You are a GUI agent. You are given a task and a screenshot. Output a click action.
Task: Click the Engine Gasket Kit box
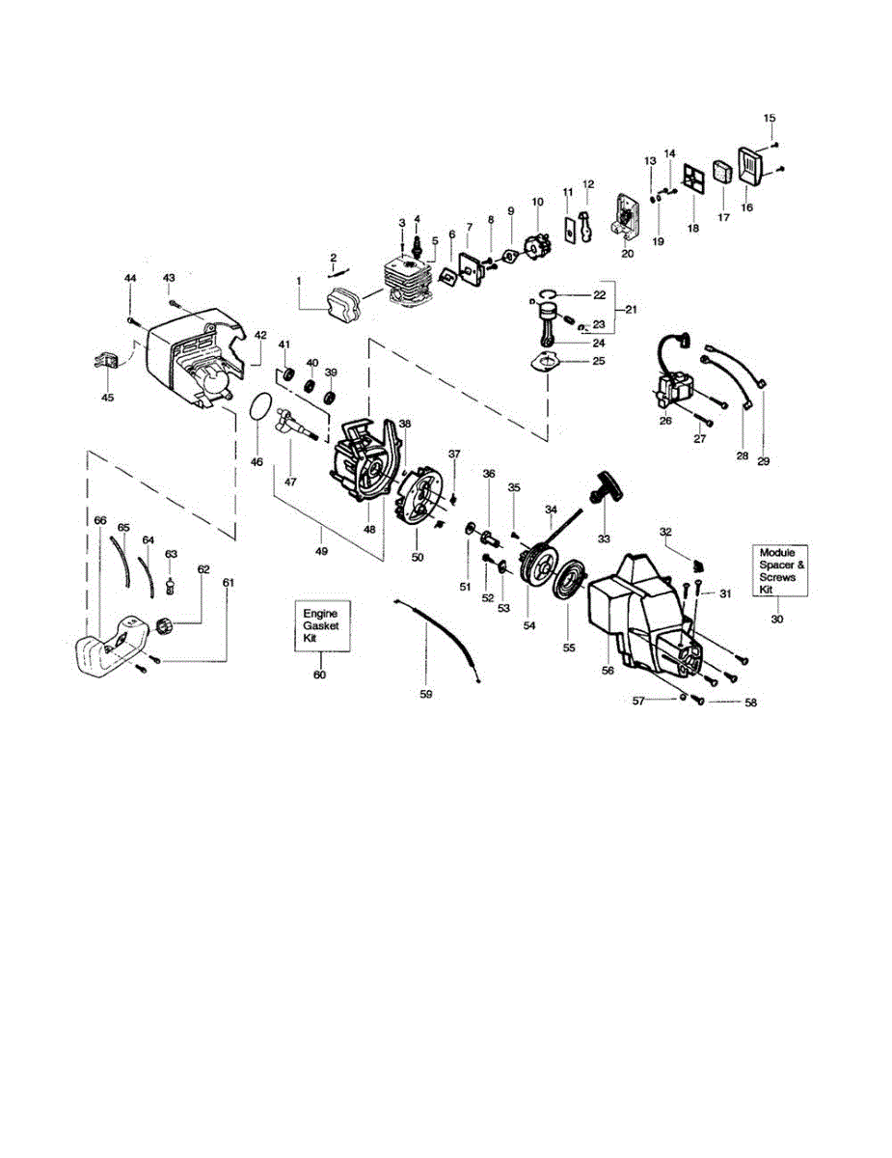tap(320, 626)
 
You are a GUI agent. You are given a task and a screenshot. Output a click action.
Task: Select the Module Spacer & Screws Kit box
tap(777, 570)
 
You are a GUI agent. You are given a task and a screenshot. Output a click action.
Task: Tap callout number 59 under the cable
tap(426, 694)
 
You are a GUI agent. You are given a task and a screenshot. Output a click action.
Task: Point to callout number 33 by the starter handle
tap(605, 538)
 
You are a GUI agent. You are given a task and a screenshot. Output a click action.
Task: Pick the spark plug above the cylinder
tap(418, 239)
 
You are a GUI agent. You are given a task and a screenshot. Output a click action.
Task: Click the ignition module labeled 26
tap(674, 391)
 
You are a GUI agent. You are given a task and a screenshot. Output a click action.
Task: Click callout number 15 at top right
tap(770, 118)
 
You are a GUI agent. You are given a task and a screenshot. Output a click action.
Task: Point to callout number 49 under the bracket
tap(321, 552)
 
